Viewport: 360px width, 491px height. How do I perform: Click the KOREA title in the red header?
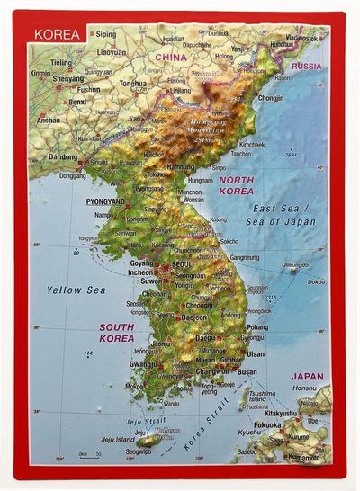[57, 36]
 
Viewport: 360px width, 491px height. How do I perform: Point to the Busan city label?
[247, 371]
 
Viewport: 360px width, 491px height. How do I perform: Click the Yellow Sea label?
[76, 290]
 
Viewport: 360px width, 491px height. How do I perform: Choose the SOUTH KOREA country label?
[118, 333]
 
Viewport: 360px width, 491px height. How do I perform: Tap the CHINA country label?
[170, 58]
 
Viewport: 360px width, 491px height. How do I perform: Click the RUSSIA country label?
[307, 66]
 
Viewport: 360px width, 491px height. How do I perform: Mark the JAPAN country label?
[307, 378]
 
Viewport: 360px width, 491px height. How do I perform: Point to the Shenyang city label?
[68, 77]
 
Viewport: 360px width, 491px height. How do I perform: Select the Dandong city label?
[63, 156]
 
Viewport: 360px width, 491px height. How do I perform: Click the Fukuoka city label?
[266, 424]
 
